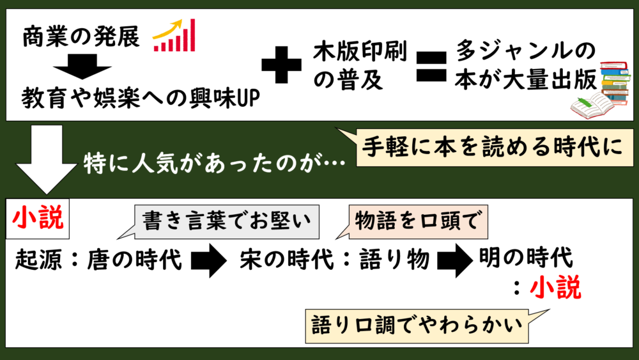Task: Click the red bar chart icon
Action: point(174,35)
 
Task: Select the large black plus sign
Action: point(281,65)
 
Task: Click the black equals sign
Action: point(431,67)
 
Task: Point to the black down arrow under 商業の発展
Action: point(82,67)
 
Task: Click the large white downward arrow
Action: point(47,159)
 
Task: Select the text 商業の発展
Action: point(81,36)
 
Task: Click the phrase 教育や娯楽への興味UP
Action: point(140,98)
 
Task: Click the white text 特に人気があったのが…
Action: point(214,164)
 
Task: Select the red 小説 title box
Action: point(38,219)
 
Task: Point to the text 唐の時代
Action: point(134,260)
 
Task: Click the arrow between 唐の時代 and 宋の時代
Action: point(209,260)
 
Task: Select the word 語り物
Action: point(394,260)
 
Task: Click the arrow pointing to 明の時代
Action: point(455,260)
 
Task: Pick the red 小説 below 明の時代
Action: point(555,288)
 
